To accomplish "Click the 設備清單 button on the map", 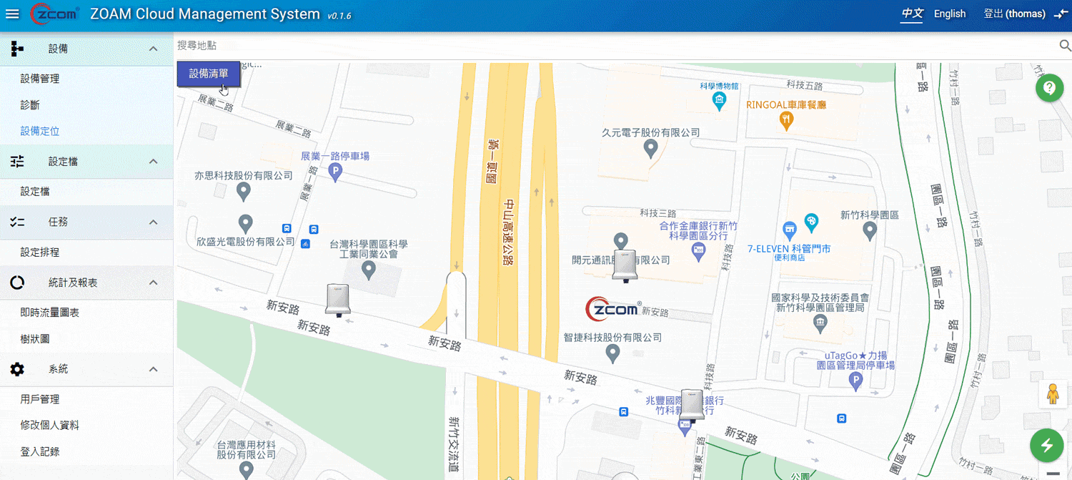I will [x=209, y=74].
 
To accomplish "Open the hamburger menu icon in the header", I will [x=12, y=14].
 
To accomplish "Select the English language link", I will [x=949, y=14].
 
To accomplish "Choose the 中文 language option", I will [x=913, y=14].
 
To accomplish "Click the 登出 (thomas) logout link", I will [x=1014, y=14].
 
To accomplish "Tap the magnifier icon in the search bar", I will [x=1064, y=46].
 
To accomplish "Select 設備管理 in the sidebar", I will [x=40, y=79].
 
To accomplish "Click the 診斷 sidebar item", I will [x=30, y=105].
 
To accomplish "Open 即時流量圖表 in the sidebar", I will [x=50, y=313].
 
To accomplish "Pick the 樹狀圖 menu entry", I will [x=35, y=339].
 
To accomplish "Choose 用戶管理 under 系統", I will [x=40, y=399].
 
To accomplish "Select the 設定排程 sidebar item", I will [x=40, y=253].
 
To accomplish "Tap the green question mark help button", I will [x=1049, y=88].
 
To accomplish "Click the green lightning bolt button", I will [x=1046, y=446].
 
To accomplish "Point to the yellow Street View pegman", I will [x=1052, y=395].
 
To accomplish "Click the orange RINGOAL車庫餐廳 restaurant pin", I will [x=786, y=120].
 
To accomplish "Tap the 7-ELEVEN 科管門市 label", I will [x=789, y=249].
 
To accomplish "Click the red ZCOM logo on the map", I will [x=612, y=310].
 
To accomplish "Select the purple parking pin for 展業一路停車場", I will [x=334, y=171].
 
